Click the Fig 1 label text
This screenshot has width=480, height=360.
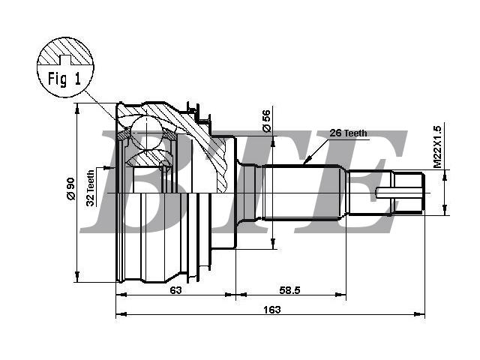(x=64, y=79)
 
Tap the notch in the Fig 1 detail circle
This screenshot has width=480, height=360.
(x=64, y=60)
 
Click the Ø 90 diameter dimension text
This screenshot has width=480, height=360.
(x=70, y=188)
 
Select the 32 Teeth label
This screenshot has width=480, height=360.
(x=91, y=188)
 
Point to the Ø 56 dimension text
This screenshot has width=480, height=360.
(x=267, y=121)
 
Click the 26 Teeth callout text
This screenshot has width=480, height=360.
(x=348, y=133)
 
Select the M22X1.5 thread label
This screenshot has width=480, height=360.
(x=438, y=147)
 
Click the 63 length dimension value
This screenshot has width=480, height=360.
(x=175, y=290)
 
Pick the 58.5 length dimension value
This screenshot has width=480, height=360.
(x=290, y=290)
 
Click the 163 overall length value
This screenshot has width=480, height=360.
(x=271, y=310)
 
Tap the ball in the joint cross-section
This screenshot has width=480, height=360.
(x=147, y=133)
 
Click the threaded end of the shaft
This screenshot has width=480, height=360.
(x=409, y=193)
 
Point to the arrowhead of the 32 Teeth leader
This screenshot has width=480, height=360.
(x=109, y=167)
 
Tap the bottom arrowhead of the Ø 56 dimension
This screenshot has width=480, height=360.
(x=273, y=243)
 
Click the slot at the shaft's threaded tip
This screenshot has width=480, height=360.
(x=400, y=193)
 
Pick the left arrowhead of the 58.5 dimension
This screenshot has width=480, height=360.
(x=241, y=295)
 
